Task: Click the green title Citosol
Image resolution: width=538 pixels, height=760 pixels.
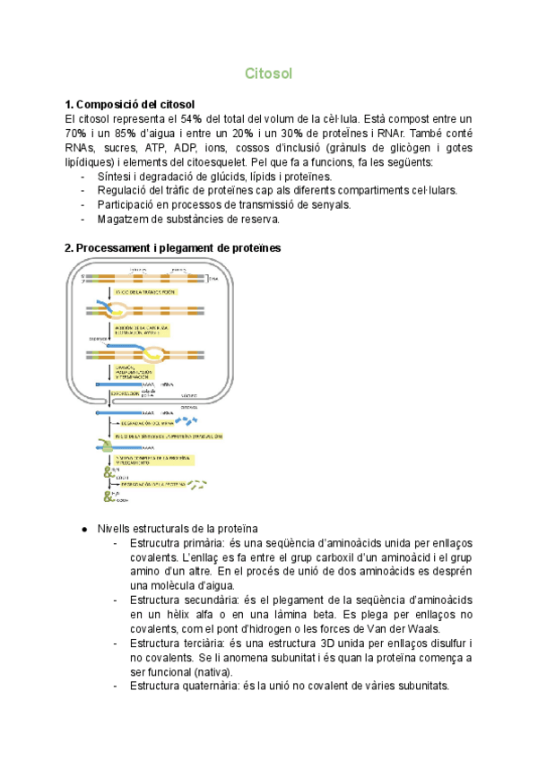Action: coord(268,73)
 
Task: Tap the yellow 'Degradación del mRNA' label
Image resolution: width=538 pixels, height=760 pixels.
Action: coord(147,422)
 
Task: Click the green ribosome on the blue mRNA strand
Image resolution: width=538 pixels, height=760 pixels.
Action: coord(108,444)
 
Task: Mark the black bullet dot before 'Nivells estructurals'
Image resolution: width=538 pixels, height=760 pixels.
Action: coord(82,529)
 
